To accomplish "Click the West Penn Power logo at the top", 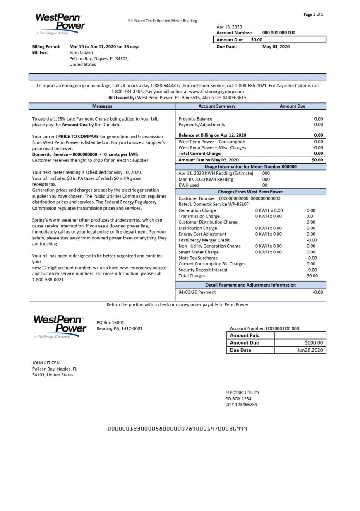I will coord(60,23).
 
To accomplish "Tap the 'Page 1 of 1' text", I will coord(313,14).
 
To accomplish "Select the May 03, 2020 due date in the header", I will coord(276,47).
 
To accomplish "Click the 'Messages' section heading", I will coord(102,106).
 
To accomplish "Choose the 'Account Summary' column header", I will coord(217,106).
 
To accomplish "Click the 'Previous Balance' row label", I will coord(195,119).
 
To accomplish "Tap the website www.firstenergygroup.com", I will coord(216,91).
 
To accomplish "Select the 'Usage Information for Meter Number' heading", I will coord(251,166).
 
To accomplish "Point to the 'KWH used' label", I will coord(189,185).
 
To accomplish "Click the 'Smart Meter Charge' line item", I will coord(199,252).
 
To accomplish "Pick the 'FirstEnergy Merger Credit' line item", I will coord(204,240).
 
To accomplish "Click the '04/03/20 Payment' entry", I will coord(197,292).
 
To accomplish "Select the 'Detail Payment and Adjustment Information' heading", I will coord(251,285).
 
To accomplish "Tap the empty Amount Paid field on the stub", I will coord(300,335).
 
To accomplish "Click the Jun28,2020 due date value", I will coord(310,350).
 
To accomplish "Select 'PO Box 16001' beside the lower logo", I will coord(110,322).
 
